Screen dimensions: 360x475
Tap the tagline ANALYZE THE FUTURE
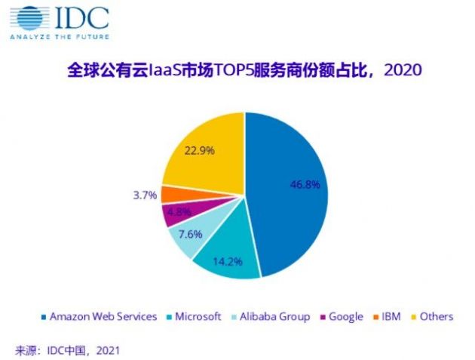click(x=61, y=35)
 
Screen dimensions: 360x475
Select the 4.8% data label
click(x=178, y=212)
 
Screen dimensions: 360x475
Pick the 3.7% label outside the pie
click(x=143, y=195)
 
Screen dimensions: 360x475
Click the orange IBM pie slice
click(x=170, y=195)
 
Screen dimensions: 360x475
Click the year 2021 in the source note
click(x=106, y=350)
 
